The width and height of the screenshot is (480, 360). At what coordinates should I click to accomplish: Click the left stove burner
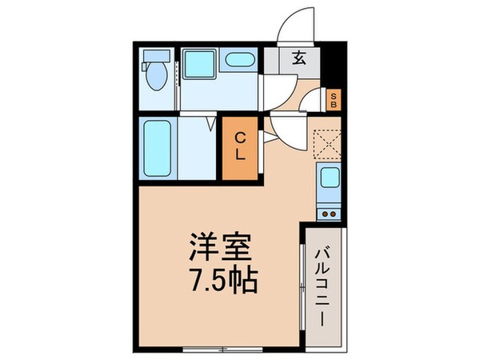pyautogui.click(x=323, y=212)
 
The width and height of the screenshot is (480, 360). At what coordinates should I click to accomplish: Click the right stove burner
pyautogui.click(x=334, y=212)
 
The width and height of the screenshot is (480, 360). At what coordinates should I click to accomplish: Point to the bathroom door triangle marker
pyautogui.click(x=210, y=124)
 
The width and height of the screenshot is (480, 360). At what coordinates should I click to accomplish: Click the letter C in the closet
pyautogui.click(x=240, y=138)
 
